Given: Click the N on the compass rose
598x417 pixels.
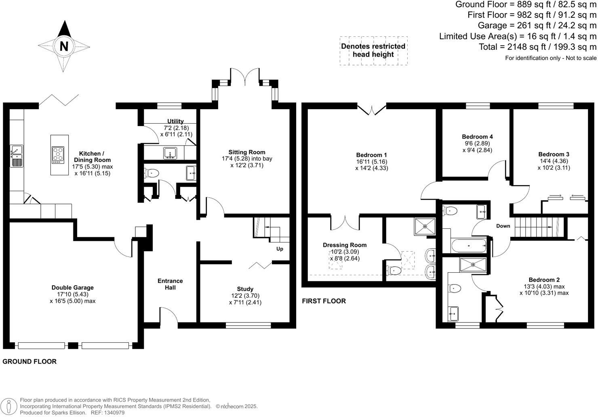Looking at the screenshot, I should coord(64,46).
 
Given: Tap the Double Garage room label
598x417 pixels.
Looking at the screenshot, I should coord(72,288).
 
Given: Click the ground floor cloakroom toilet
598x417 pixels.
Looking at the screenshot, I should coord(152,173).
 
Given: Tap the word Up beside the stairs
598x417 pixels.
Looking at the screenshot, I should coord(280,249).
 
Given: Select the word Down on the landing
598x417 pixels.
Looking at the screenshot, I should coord(503,226).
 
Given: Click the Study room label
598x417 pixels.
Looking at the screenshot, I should coord(245,289).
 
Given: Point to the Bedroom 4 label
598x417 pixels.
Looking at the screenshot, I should coord(477,137).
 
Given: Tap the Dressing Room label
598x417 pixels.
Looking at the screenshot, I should coord(345,245).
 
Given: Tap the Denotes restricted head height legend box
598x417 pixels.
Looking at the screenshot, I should coord(373,51).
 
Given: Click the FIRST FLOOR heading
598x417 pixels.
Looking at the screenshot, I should coord(324,301).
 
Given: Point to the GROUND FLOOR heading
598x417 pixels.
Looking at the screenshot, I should coord(29,362).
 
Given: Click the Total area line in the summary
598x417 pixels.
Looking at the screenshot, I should coord(537,47).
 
